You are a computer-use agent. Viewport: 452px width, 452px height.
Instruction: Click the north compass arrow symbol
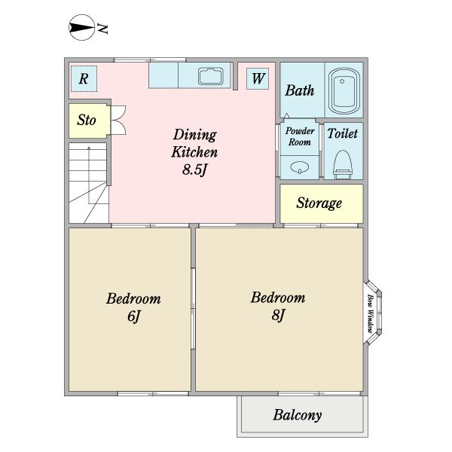coord(81,28)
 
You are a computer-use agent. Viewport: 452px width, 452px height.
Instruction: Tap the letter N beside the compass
coord(102,29)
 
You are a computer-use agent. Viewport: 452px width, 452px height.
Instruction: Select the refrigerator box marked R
coord(84,78)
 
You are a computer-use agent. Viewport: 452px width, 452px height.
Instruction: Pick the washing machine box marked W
coord(258,78)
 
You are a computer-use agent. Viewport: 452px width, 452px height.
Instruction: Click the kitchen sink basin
coord(211,76)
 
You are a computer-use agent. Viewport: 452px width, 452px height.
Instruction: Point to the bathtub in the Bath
coord(344,91)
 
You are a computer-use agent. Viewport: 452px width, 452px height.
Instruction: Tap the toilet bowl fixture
coord(343,164)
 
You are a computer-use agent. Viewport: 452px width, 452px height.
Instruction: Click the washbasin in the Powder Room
coord(300,167)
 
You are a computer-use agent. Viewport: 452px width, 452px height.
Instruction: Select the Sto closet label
coord(87,120)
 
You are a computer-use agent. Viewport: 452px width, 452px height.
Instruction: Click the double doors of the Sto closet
coord(118,120)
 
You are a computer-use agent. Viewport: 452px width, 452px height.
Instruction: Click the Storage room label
coord(319,203)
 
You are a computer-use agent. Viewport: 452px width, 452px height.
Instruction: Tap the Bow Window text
coord(371,313)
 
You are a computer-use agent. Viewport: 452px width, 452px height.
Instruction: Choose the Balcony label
coord(298,415)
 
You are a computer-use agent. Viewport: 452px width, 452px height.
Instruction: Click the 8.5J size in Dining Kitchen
coord(195,169)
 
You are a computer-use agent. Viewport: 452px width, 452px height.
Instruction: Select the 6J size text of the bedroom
coord(134,316)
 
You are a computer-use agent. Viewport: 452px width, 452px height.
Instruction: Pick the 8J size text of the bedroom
coord(278,315)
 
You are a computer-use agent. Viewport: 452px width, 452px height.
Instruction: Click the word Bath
coord(300,90)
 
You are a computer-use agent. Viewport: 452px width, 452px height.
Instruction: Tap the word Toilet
coord(343,133)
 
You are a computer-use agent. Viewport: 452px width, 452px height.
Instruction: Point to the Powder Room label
coord(300,136)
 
